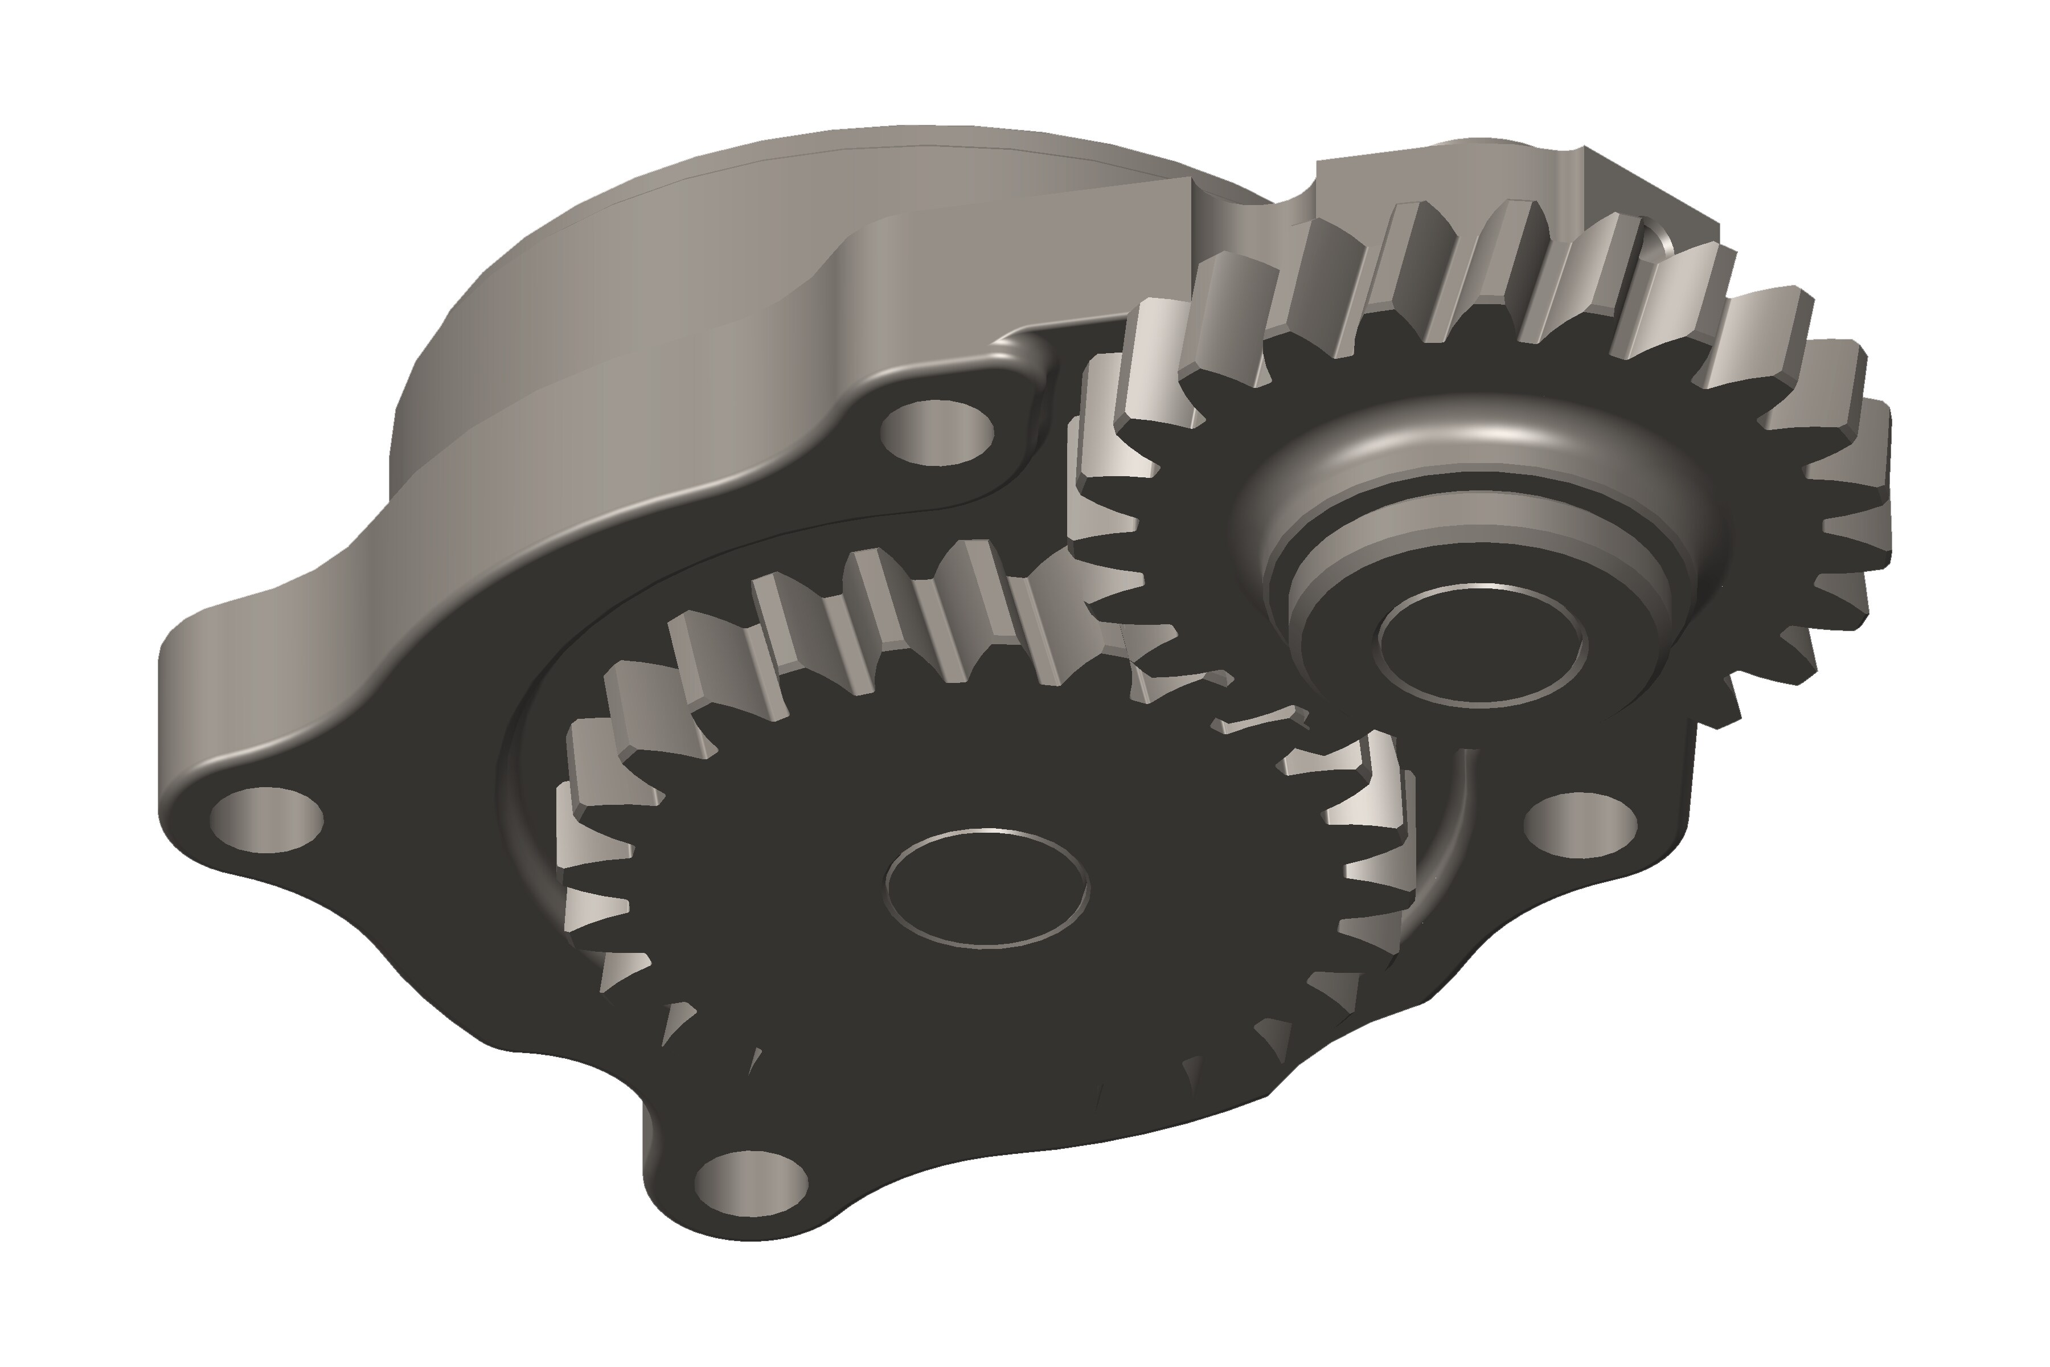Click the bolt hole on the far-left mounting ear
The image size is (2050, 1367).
[266, 820]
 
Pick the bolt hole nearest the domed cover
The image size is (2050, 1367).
[937, 432]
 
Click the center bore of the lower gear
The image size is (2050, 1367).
[987, 887]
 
